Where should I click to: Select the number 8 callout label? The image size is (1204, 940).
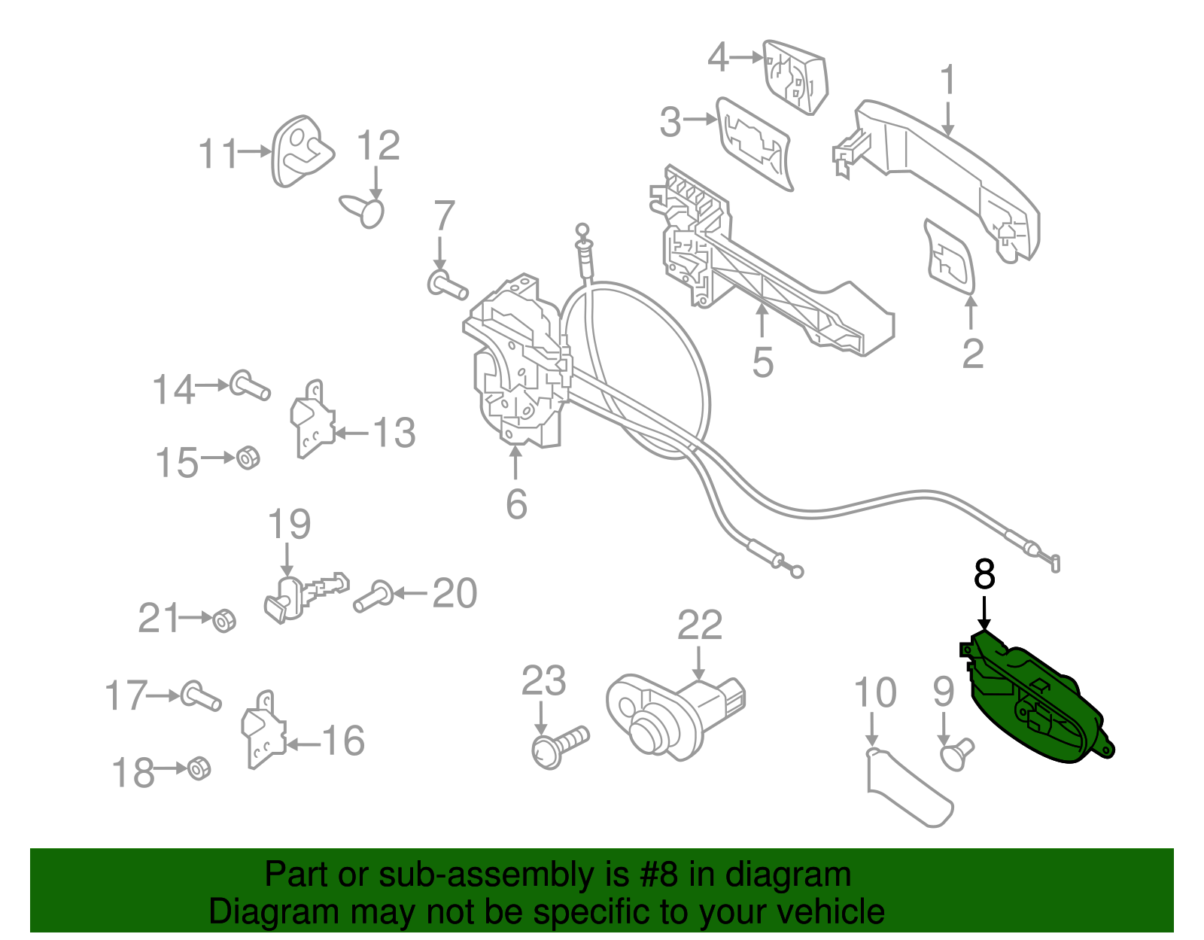tap(984, 575)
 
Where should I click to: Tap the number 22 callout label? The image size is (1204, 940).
tap(699, 625)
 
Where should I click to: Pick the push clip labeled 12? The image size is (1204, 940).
tap(364, 209)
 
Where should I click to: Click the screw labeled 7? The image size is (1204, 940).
tap(447, 286)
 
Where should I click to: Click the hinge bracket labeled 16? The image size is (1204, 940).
tap(262, 730)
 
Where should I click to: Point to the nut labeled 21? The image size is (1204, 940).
tap(224, 621)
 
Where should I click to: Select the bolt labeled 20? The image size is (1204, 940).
tap(372, 597)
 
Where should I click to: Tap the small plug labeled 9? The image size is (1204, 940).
tap(956, 754)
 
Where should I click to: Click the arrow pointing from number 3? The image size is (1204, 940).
tap(700, 119)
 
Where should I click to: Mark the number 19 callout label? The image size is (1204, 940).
tap(289, 525)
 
